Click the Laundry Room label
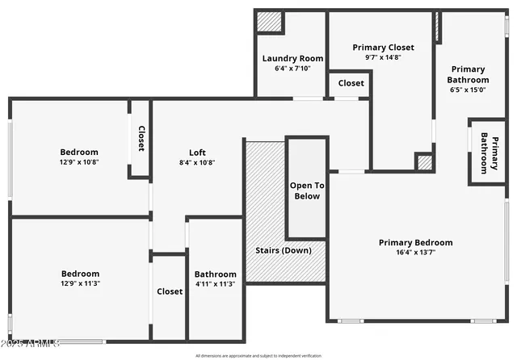point(292,58)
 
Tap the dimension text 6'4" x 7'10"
point(292,69)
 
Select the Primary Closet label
point(381,48)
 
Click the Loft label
point(198,152)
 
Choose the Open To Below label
point(305,190)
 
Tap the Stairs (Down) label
point(284,250)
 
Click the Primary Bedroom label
point(416,242)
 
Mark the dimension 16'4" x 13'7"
point(416,253)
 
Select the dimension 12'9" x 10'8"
point(79,161)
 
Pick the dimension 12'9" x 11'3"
point(80,283)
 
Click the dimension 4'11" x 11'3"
point(216,283)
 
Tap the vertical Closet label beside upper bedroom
point(141,138)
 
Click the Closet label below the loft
point(170,291)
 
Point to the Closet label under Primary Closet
point(351,83)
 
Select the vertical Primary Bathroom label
point(490,152)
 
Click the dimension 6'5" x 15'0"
point(469,90)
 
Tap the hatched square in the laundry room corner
point(269,22)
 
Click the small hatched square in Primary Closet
point(424,161)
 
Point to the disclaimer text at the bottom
point(258,355)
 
